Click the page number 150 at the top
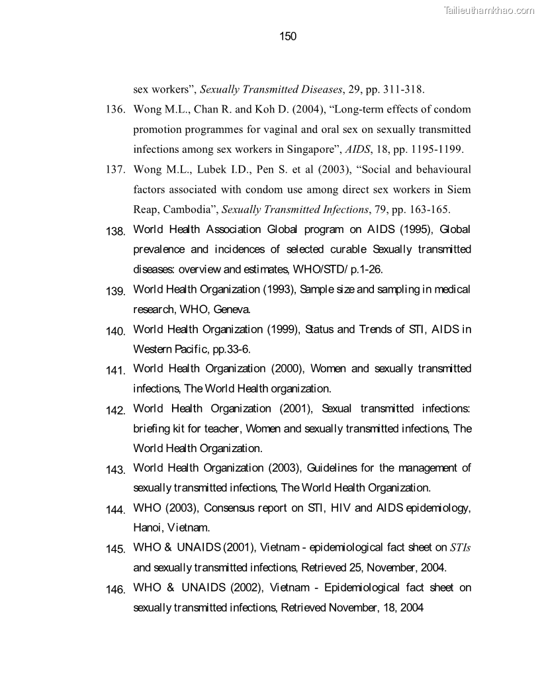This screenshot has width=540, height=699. pos(288,36)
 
